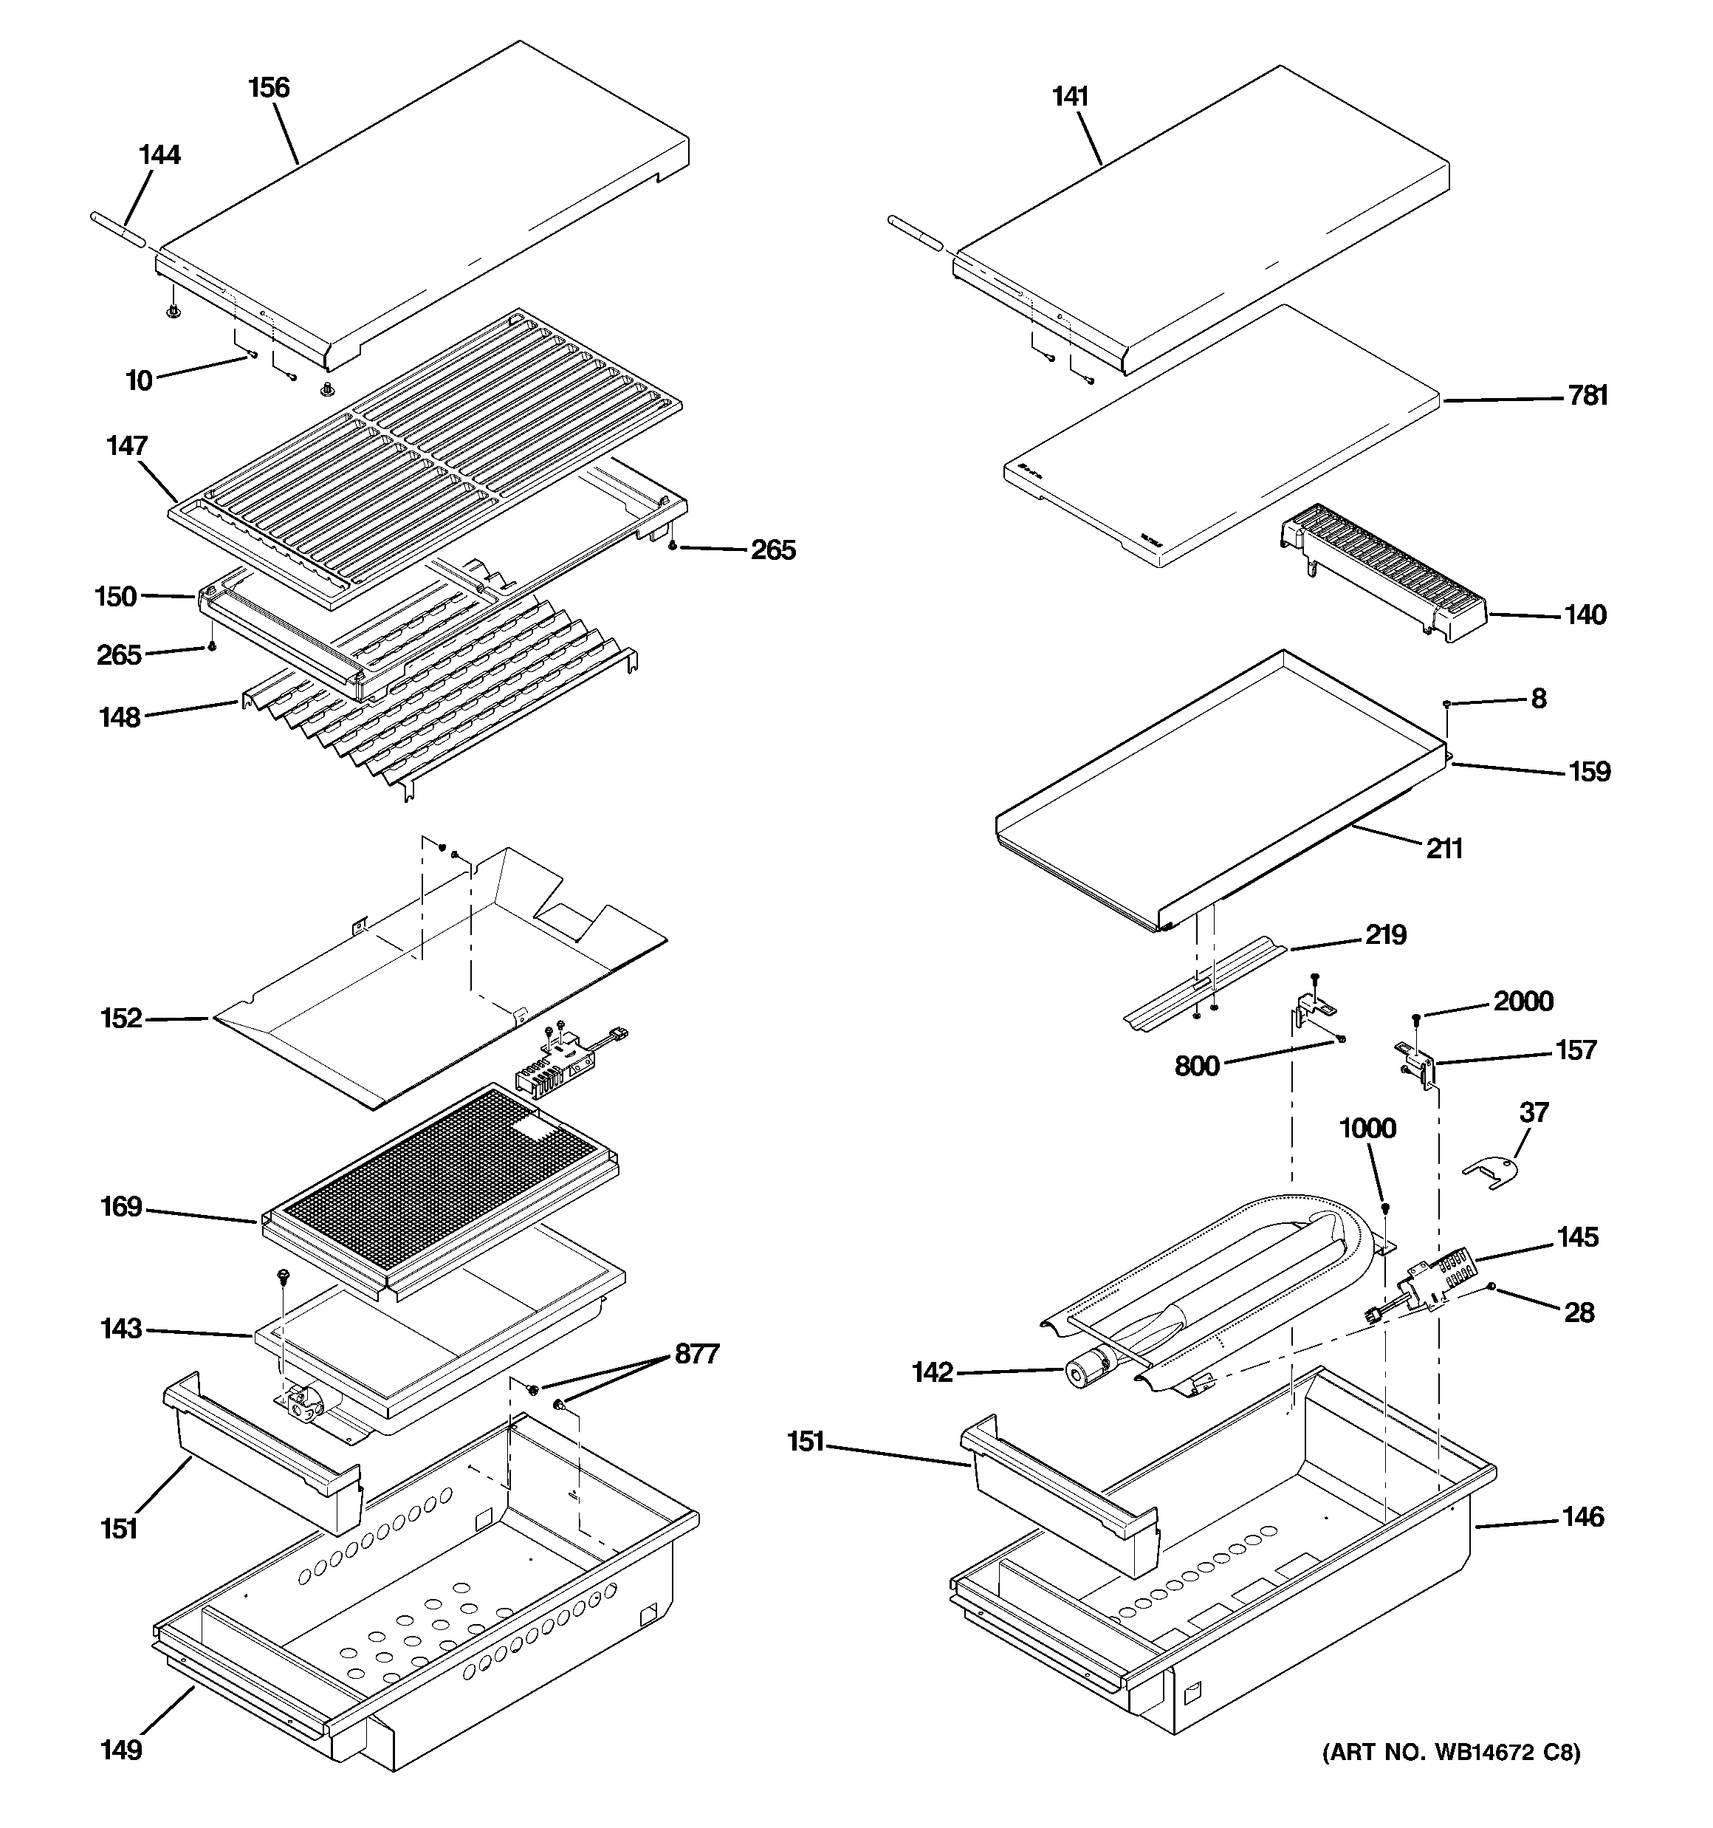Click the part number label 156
tap(269, 89)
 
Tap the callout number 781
tap(1588, 395)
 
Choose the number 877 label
tap(697, 1354)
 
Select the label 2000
tap(1523, 1002)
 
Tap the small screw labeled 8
tap(1446, 703)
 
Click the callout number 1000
tap(1367, 1129)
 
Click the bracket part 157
tap(1417, 1062)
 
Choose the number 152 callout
tap(121, 1019)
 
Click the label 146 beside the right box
tap(1582, 1517)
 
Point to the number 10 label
tap(139, 380)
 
